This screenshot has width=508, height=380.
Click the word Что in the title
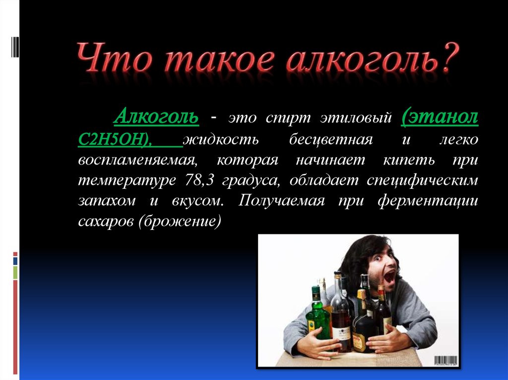[114, 57]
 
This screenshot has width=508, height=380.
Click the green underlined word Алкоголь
[156, 116]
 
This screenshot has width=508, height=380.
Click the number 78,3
[199, 180]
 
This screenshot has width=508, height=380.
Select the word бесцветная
[331, 140]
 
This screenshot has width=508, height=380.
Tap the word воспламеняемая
[138, 161]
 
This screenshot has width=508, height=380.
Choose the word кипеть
[409, 161]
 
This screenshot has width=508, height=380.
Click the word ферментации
[428, 201]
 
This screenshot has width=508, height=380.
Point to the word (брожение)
[180, 221]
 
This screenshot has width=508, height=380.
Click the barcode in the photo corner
[446, 361]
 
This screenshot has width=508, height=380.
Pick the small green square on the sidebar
[15, 272]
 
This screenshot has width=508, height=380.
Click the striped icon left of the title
[15, 47]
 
